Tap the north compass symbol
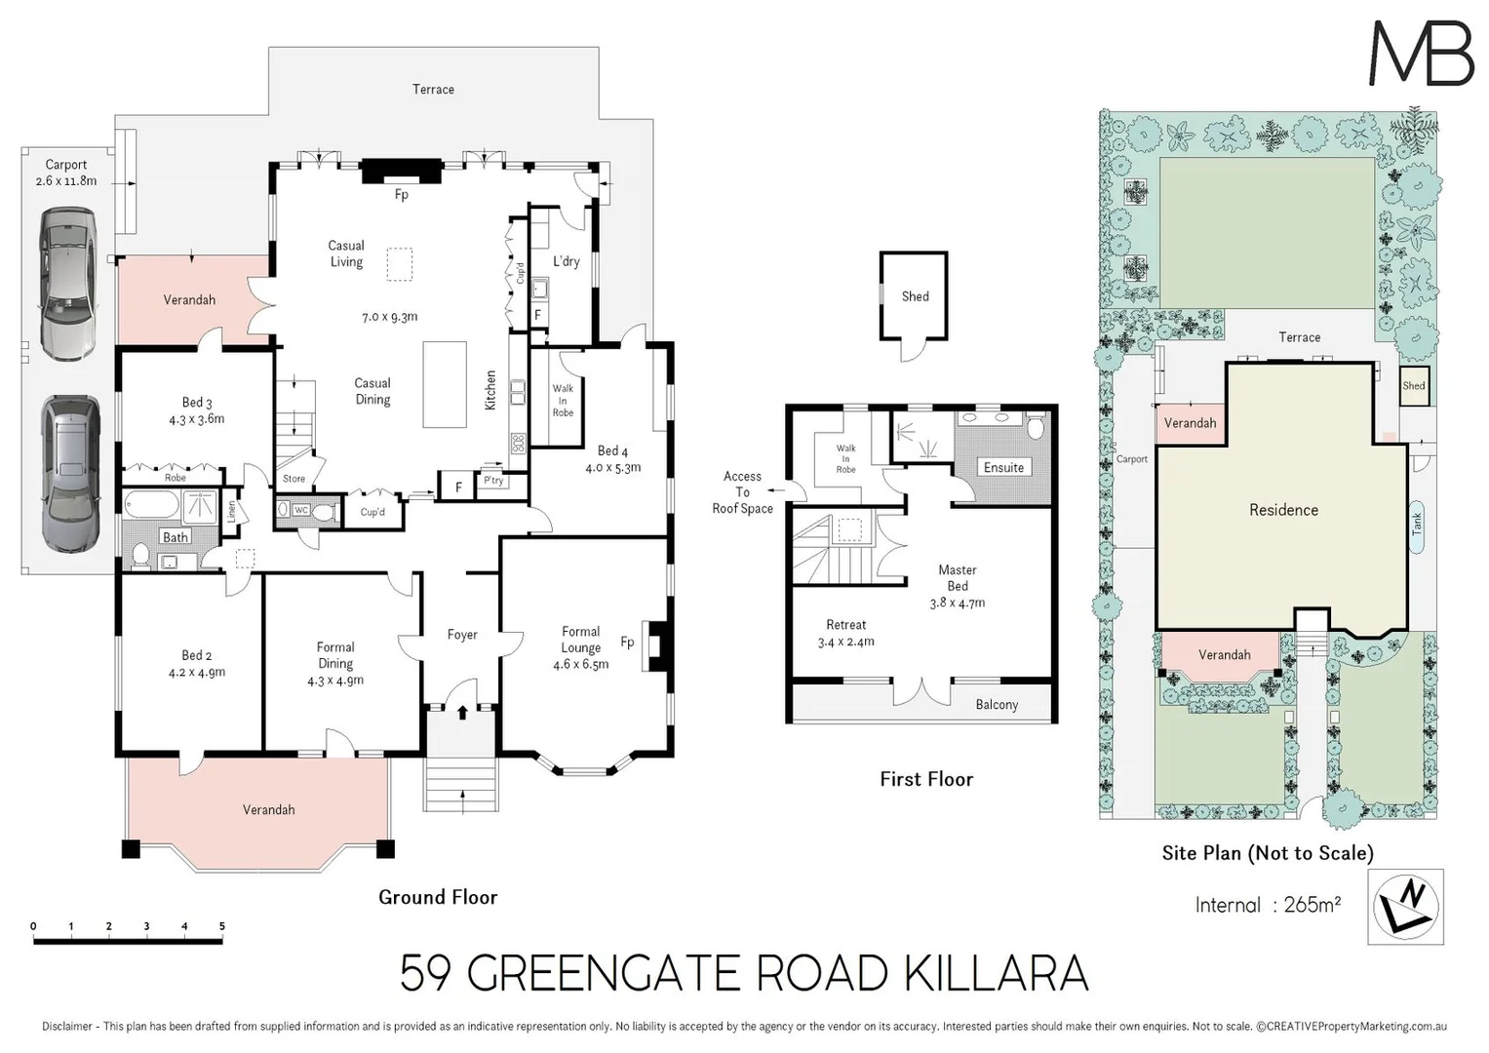(1405, 907)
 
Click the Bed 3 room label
(197, 410)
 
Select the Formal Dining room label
(335, 663)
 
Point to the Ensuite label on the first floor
(1003, 467)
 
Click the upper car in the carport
(68, 284)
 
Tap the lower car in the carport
(71, 474)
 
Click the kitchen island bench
(445, 384)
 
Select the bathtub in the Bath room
(151, 507)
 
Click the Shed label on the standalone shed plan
(915, 296)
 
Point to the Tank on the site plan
(1416, 526)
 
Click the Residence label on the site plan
(1283, 510)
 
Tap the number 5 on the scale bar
(222, 926)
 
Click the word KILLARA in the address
(995, 974)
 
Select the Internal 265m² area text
(1268, 905)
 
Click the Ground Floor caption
(438, 897)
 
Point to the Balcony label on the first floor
(997, 705)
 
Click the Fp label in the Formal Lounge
(627, 642)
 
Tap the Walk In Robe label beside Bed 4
(563, 400)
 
